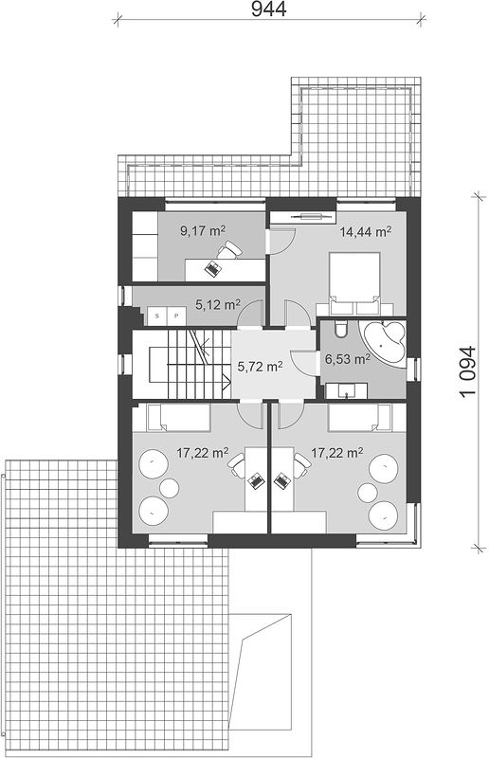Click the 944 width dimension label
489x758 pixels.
coord(268,9)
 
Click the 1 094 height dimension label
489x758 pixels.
coord(468,371)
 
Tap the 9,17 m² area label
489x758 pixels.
coord(203,230)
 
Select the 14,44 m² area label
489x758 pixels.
coord(365,231)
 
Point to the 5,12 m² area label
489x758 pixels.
coord(218,304)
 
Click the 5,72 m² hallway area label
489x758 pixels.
coord(260,367)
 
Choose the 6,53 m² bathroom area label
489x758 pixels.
coord(348,359)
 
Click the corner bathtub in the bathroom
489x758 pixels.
coord(385,343)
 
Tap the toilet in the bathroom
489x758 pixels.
coord(340,328)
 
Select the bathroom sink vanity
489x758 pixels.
coord(346,390)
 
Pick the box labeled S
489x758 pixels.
coord(156,316)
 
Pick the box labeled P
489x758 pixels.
coord(176,316)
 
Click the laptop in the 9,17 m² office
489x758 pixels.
coord(212,268)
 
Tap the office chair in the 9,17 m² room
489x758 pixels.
coord(229,250)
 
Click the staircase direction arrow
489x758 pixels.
coord(226,382)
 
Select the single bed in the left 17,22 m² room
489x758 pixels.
coord(172,418)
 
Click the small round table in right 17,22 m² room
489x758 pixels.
coord(367,493)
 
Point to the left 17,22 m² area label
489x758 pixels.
coord(202,453)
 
